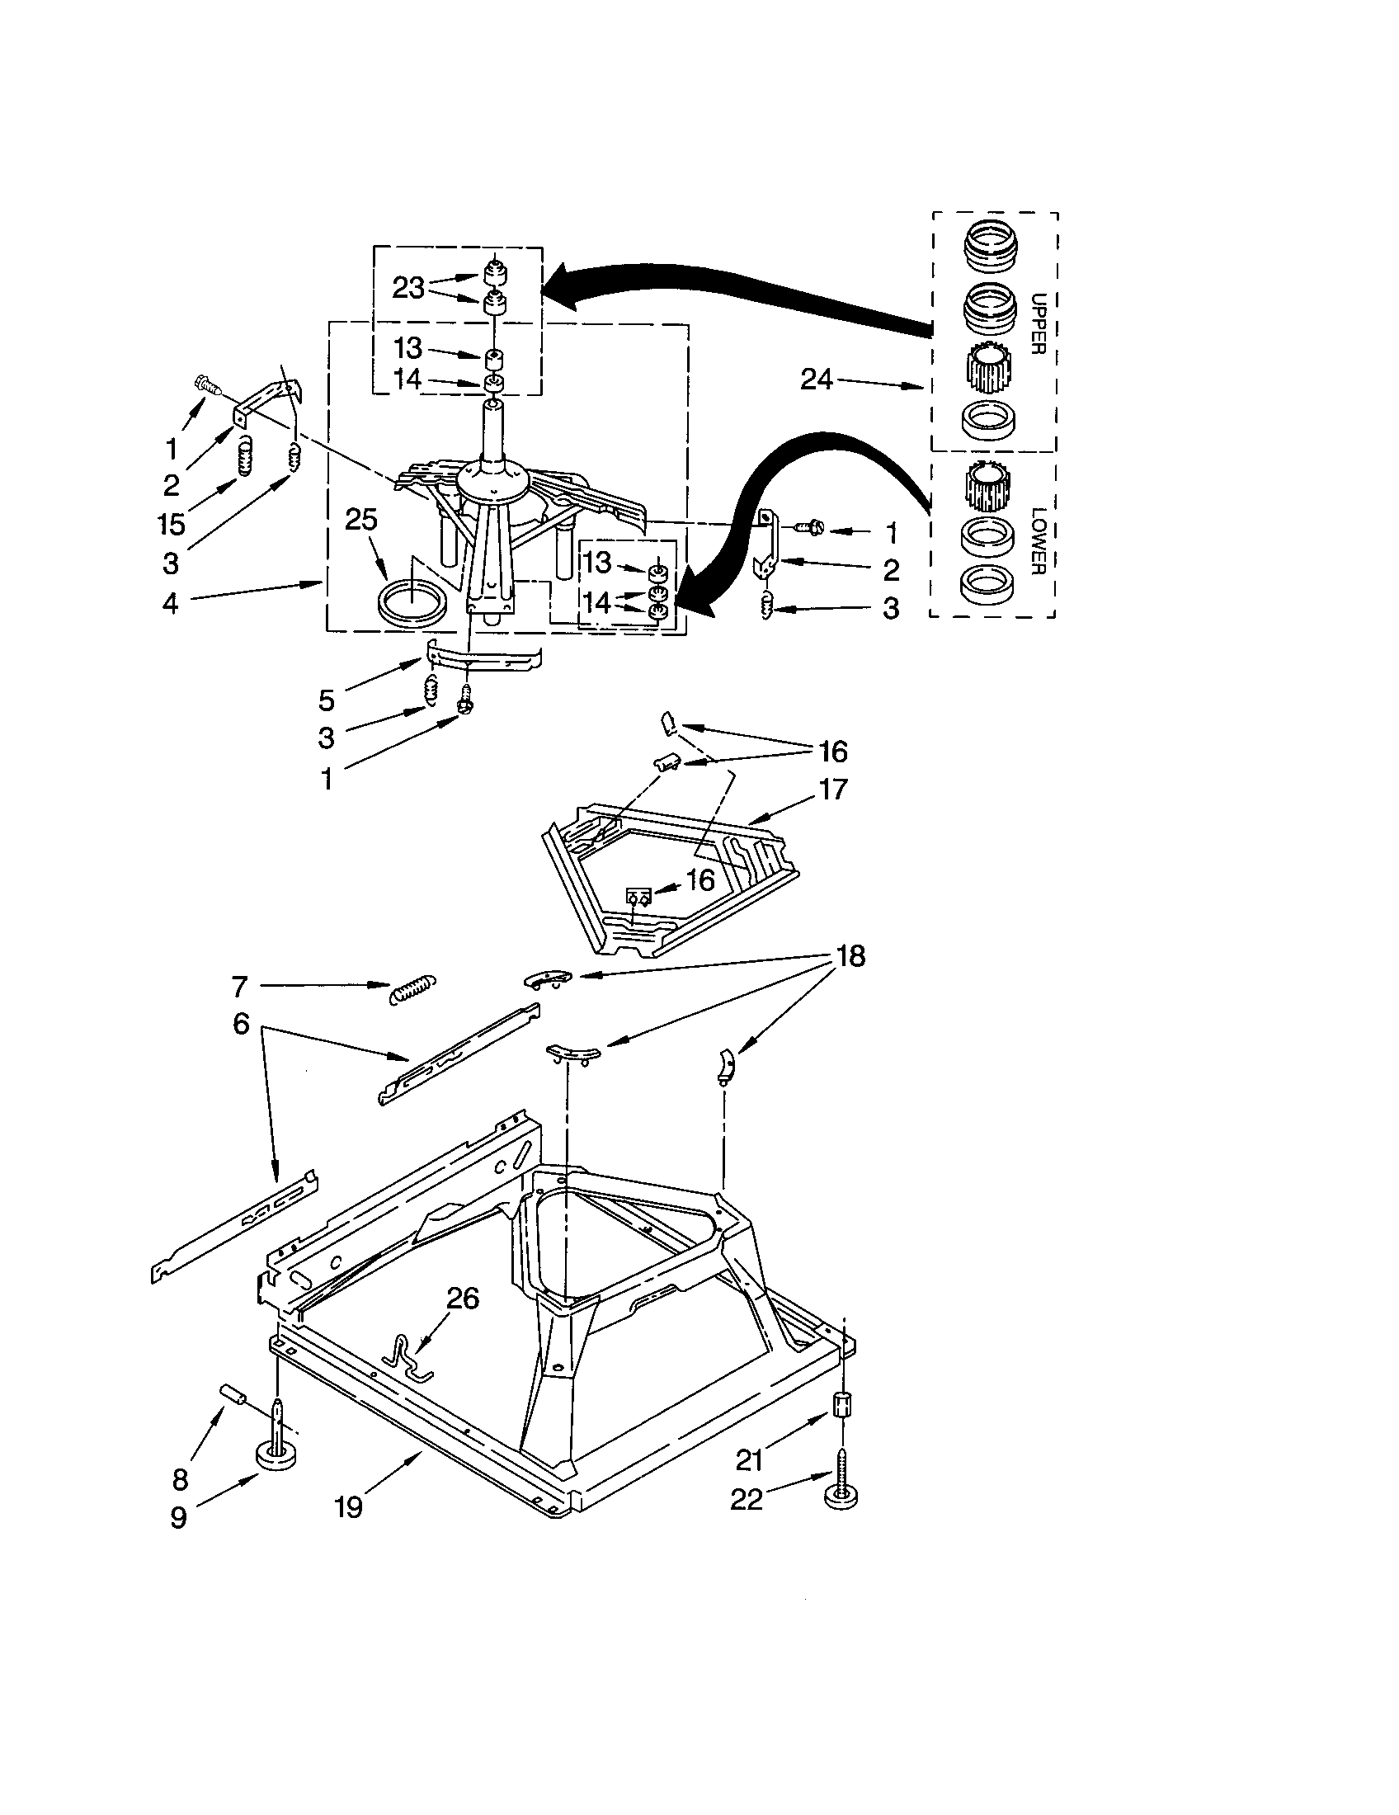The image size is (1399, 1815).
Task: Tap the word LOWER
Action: pyautogui.click(x=1036, y=540)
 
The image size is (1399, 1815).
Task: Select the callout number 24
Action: pyautogui.click(x=816, y=379)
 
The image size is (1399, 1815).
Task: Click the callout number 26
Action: pyautogui.click(x=463, y=1298)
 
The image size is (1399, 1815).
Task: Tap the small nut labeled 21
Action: pyautogui.click(x=841, y=1404)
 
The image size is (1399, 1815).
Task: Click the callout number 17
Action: pyautogui.click(x=832, y=789)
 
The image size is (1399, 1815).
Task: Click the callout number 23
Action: pyautogui.click(x=407, y=289)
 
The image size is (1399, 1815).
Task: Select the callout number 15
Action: pyautogui.click(x=171, y=525)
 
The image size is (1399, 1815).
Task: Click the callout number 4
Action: pyautogui.click(x=170, y=602)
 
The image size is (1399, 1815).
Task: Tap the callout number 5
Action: pyautogui.click(x=327, y=700)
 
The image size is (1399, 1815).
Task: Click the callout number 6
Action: pyautogui.click(x=241, y=1024)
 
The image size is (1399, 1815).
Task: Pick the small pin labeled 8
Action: pyautogui.click(x=230, y=1393)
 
